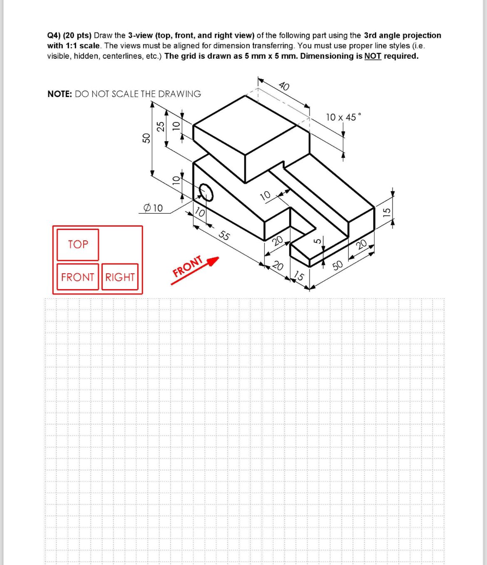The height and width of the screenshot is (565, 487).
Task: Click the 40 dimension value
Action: [x=284, y=86]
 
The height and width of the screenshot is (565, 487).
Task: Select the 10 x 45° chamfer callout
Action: [x=343, y=117]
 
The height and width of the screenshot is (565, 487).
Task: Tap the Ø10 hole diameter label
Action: [x=153, y=208]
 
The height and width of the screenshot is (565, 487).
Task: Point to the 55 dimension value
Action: [x=224, y=236]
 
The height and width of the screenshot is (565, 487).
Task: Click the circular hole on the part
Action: [x=206, y=192]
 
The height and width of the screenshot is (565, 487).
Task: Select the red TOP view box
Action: [x=78, y=244]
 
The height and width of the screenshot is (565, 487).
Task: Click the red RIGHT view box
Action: [x=120, y=277]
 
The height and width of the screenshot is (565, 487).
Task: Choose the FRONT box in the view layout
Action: [x=77, y=277]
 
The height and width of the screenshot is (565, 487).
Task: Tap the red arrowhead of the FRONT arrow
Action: [x=213, y=261]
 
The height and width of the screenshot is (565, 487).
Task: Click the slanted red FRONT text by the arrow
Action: [x=188, y=267]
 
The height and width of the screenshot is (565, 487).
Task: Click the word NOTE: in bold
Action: [x=60, y=94]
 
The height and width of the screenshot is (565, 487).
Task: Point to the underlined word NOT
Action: [x=373, y=56]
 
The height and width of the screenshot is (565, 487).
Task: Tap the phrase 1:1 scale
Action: [x=82, y=46]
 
